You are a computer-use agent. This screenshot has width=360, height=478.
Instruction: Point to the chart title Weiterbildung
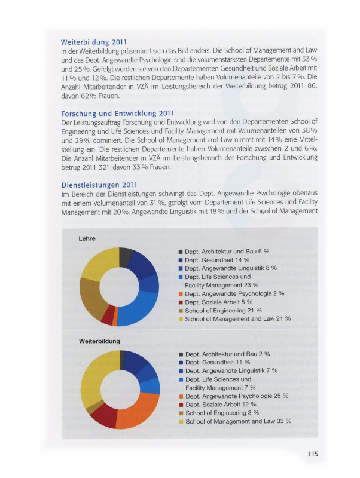pos(99,341)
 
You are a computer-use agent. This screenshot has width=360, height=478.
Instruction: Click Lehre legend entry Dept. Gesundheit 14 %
pos(217,260)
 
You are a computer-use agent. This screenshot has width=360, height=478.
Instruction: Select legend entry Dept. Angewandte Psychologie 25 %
pos(236,396)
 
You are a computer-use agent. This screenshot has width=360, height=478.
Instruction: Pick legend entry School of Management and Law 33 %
pos(238,421)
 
